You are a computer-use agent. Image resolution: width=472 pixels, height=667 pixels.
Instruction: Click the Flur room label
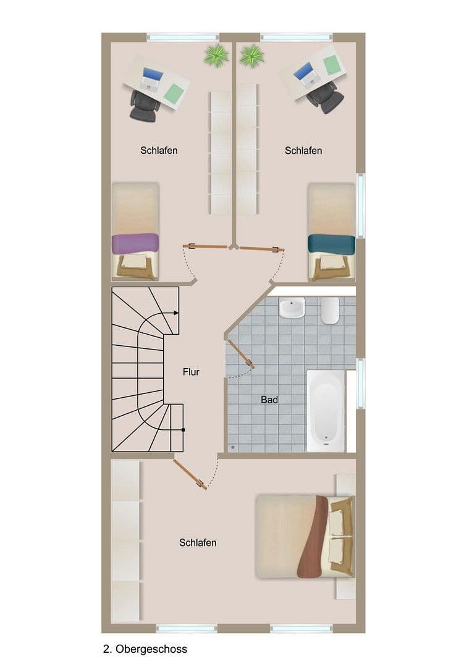click(191, 372)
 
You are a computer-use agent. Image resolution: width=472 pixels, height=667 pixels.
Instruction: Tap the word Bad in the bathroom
click(269, 400)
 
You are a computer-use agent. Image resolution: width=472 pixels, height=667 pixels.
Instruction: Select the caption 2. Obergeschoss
click(145, 649)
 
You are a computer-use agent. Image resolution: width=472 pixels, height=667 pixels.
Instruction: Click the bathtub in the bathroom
click(326, 410)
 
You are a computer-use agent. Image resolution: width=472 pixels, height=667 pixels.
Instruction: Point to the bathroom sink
click(292, 308)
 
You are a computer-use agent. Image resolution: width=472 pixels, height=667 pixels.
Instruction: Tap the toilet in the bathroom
click(330, 310)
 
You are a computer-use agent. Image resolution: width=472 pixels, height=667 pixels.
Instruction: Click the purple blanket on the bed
click(135, 243)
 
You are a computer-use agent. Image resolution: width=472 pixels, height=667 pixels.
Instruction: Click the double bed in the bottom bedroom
click(304, 535)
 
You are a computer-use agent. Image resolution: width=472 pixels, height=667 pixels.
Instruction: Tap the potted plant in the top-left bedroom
click(216, 55)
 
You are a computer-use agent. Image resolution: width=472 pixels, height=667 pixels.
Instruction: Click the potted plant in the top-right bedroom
click(251, 55)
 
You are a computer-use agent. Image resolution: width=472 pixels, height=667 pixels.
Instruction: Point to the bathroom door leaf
click(241, 354)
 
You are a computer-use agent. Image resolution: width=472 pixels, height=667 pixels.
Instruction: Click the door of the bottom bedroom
click(190, 472)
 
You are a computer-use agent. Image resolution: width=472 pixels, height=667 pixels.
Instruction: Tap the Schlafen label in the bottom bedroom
click(198, 543)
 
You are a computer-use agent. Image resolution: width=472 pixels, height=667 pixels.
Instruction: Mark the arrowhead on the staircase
click(176, 313)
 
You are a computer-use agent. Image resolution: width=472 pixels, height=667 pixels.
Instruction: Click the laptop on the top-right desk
click(306, 73)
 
